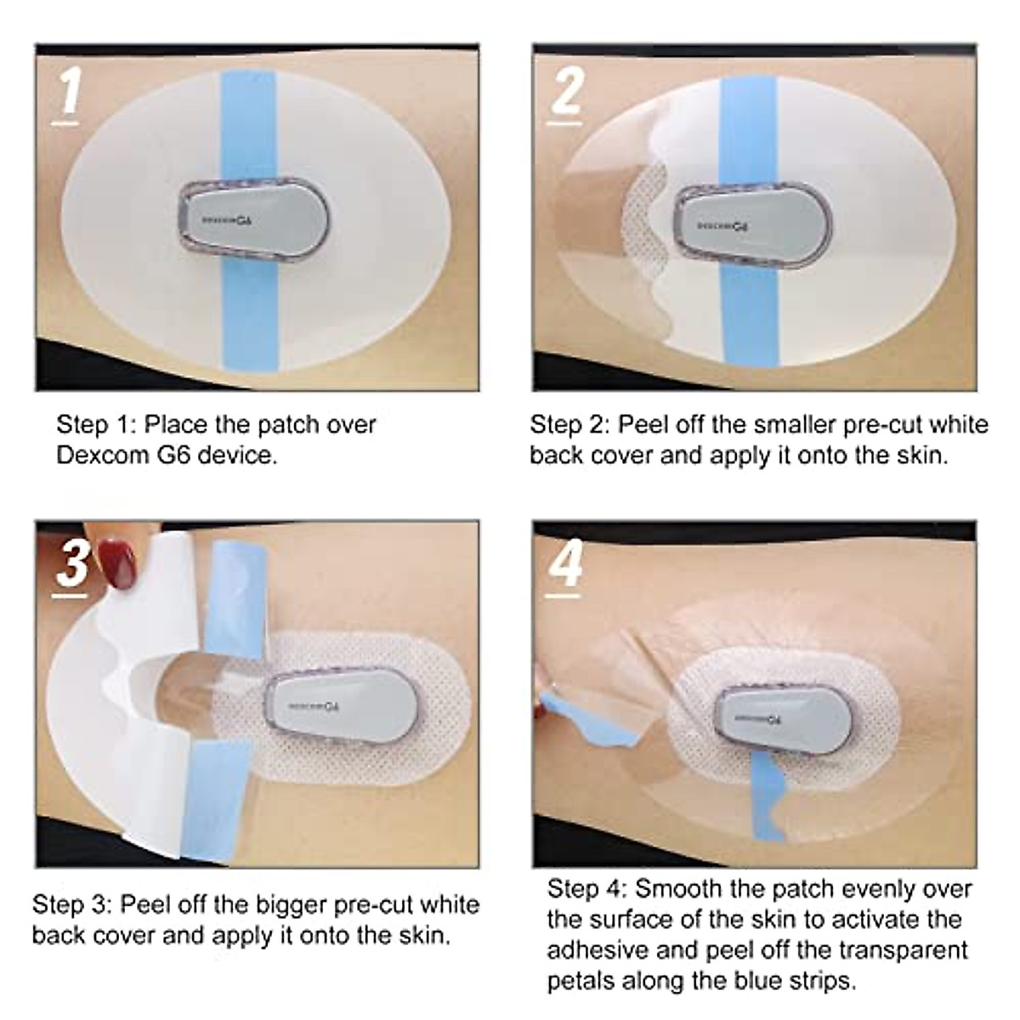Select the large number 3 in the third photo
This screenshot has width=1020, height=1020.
[x=72, y=562]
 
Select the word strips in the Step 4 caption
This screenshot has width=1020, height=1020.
[x=818, y=981]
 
